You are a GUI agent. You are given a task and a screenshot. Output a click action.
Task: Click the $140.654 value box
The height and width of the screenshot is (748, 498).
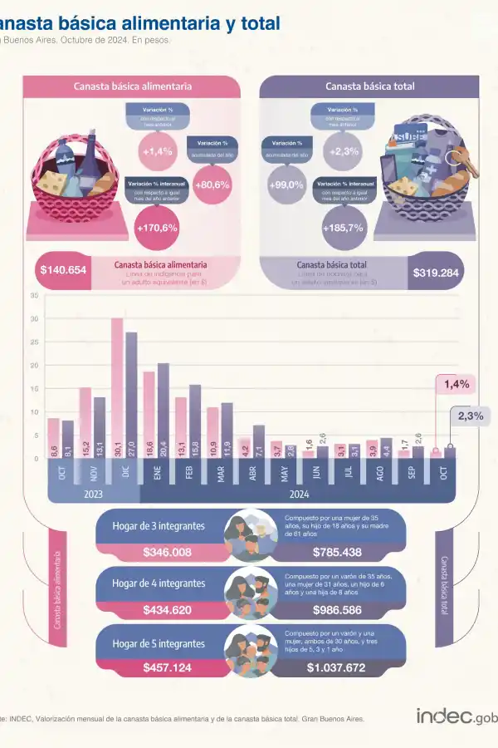[x=63, y=270]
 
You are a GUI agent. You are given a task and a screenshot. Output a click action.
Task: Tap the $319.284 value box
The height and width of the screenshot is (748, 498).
[x=436, y=272]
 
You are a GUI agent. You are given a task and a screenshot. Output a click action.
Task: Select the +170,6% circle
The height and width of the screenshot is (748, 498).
[x=159, y=227]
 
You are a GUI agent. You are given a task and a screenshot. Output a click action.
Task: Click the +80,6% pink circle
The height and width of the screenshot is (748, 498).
[x=212, y=185]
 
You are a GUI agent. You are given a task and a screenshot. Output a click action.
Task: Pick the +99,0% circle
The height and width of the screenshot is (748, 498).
[x=286, y=185]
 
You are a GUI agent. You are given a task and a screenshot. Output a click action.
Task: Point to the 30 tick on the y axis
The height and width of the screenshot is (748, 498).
[x=34, y=319]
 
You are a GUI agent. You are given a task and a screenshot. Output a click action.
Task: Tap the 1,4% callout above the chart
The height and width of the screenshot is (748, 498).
[x=456, y=384]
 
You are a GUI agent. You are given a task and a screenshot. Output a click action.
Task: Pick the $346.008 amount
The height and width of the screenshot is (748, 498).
[x=168, y=552]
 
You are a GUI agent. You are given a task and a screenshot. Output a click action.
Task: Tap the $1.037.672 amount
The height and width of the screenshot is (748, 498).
[x=335, y=667]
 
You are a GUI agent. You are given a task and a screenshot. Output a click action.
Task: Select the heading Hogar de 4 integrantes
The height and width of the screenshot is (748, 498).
[x=159, y=583]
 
